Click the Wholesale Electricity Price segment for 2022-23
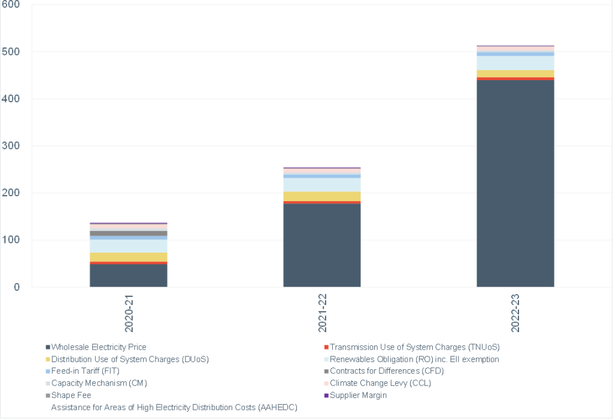(515, 183)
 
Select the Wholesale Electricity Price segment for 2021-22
(321, 245)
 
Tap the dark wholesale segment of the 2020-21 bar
(128, 275)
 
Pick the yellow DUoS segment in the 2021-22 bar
(321, 196)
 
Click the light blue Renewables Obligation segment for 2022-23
(515, 63)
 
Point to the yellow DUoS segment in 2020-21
(128, 257)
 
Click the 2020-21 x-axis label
(129, 313)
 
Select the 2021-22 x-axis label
(322, 313)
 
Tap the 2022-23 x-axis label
(515, 313)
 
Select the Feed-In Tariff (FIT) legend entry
(86, 371)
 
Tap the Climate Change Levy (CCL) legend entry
(380, 383)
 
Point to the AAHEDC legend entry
(174, 407)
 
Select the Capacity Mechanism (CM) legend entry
(99, 383)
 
